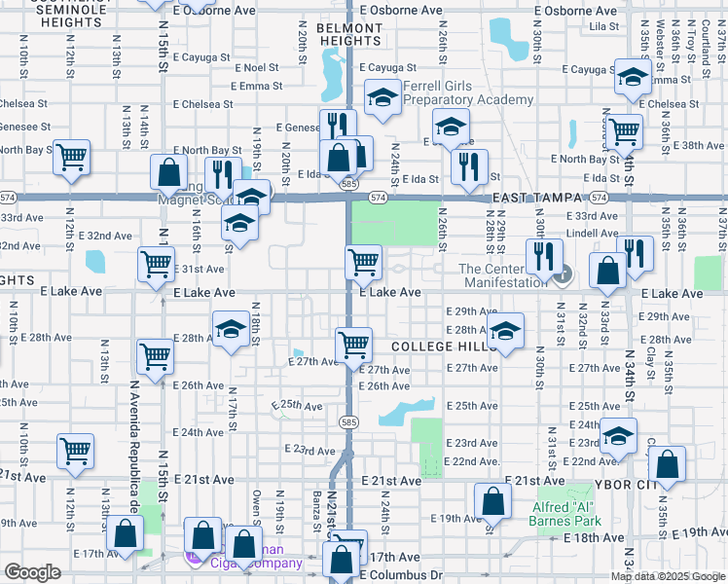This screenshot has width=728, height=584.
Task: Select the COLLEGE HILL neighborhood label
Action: click(437, 347)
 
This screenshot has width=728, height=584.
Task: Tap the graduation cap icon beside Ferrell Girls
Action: click(383, 97)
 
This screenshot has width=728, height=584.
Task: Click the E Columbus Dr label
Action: click(401, 575)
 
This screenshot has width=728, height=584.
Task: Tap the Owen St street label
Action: click(257, 508)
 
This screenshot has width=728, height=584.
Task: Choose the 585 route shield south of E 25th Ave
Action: click(347, 421)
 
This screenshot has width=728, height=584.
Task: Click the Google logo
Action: click(32, 572)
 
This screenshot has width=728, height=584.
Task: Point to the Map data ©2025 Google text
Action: click(667, 575)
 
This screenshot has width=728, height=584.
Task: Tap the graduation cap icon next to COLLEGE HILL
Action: click(505, 330)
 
